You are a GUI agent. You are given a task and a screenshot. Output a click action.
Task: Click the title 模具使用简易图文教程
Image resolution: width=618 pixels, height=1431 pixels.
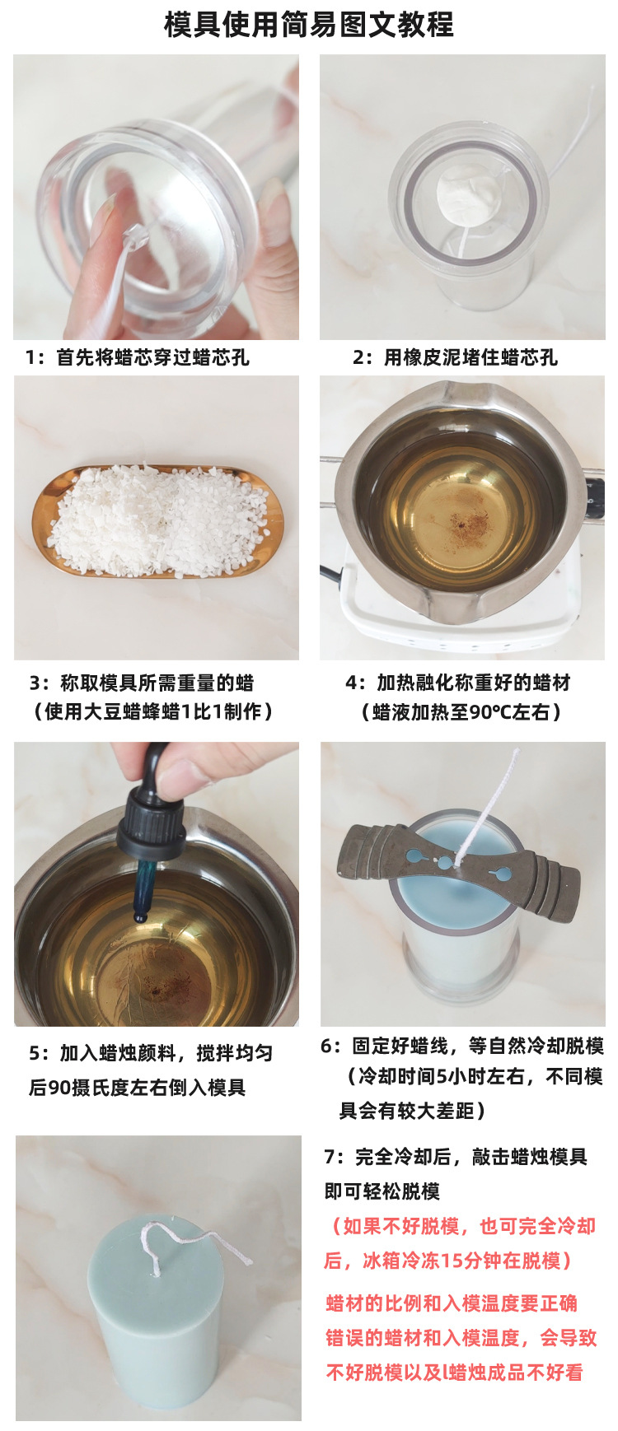(x=309, y=25)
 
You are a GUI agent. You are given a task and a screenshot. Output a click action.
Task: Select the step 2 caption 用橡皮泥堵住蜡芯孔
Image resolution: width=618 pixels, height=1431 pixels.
(x=455, y=357)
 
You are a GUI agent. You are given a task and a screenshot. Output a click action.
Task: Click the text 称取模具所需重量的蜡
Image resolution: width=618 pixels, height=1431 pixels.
(x=141, y=683)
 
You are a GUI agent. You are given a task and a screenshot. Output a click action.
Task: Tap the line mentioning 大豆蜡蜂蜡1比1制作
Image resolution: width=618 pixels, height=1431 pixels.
(x=152, y=711)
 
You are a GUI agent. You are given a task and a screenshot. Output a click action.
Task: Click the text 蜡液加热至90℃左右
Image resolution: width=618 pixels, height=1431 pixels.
(x=461, y=712)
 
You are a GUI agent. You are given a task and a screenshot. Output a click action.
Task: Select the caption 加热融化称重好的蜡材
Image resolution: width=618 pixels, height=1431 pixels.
(x=457, y=683)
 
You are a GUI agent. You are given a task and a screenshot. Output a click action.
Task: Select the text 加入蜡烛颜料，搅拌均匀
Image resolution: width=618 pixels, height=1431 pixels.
(x=151, y=1053)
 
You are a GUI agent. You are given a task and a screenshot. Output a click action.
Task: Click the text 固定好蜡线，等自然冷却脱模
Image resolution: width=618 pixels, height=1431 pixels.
(x=462, y=1046)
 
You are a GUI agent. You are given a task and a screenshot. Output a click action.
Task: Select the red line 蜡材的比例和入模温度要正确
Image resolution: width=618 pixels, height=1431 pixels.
(x=452, y=1303)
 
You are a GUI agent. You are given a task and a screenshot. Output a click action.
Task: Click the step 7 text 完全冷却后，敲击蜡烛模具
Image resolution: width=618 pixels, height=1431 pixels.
(x=456, y=1157)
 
